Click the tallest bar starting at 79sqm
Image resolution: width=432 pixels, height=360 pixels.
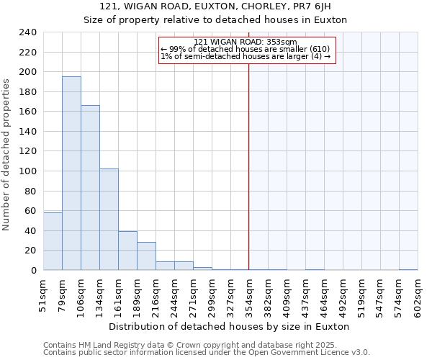(71, 174)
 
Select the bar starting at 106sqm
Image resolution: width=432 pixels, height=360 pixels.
(90, 188)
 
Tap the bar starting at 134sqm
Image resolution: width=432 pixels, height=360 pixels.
(109, 220)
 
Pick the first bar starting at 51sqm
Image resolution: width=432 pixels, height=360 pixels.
(53, 241)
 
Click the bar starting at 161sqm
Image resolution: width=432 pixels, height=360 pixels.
(127, 251)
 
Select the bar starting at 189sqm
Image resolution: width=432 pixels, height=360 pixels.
(146, 256)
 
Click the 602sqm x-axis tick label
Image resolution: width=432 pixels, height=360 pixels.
(418, 295)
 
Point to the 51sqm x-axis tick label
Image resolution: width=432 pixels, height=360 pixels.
(43, 293)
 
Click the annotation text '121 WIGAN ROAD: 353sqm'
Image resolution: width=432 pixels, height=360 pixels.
(246, 42)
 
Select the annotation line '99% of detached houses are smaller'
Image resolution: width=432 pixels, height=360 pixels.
(246, 49)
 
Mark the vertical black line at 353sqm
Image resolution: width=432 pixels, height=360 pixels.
(249, 180)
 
